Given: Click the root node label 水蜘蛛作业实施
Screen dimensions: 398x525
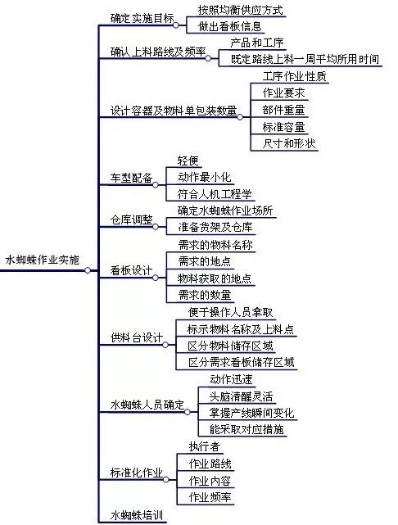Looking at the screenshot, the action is pos(43,260).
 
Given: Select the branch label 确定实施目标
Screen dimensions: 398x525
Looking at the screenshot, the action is pos(142,18).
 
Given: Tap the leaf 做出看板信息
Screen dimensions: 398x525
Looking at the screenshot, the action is pos(229,26).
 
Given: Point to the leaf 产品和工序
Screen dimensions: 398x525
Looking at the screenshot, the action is pos(257,43).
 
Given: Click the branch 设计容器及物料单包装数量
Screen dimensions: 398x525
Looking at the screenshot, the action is pos(174,111).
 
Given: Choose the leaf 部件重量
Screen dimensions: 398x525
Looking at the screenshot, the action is pos(283,110).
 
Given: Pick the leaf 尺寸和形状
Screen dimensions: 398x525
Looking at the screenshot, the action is pos(289,143).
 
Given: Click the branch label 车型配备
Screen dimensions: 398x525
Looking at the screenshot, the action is pos(132,178).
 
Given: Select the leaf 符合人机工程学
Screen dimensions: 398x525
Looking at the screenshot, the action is pos(215,194).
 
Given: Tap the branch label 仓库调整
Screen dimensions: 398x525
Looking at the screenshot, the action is pos(132,220).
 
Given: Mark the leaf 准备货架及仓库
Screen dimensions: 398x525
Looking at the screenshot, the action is pos(215,227).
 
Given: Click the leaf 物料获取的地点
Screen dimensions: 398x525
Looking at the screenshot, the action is pos(215,278).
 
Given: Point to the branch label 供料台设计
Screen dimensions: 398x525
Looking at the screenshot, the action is pos(137,337).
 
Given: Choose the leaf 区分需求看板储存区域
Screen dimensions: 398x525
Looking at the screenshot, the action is pos(241,362).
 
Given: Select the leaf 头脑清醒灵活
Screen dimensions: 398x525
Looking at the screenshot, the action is pos(241,396).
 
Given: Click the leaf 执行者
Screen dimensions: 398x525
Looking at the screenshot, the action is pos(204,446).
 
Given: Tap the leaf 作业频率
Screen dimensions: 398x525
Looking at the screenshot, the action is pos(210,497).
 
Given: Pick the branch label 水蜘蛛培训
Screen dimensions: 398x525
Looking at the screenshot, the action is pos(137,515).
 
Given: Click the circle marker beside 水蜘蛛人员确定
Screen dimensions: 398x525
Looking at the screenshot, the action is pos(187,412).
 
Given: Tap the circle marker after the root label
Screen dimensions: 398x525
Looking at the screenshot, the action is pos(88,269).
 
